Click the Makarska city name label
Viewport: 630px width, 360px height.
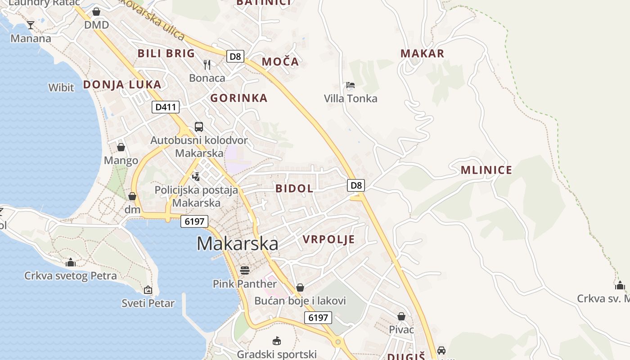pos(237,243)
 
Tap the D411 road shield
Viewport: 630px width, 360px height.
pos(166,107)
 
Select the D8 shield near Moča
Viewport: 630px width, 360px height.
pos(235,56)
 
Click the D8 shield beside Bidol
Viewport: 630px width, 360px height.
pos(356,185)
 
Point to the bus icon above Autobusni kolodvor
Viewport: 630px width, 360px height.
pos(198,127)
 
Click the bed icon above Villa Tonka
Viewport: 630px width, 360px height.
pos(350,85)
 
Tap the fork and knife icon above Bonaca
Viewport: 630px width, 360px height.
pos(207,65)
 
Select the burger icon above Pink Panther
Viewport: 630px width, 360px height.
pos(245,270)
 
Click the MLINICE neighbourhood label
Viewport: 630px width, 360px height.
pos(486,170)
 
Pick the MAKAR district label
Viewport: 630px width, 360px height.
pos(422,54)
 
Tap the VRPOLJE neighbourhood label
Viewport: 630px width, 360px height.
pos(328,239)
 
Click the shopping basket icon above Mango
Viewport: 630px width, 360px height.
pos(121,147)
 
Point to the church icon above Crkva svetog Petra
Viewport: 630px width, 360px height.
pos(71,262)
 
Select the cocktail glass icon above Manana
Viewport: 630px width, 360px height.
pos(30,25)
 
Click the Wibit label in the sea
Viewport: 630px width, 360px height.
pos(61,87)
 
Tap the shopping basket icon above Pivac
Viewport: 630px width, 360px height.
pos(401,316)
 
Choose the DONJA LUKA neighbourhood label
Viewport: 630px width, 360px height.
pos(122,85)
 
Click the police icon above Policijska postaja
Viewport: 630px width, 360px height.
pos(196,176)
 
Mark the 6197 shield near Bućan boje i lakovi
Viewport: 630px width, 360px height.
pos(318,318)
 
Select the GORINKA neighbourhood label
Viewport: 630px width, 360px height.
pos(238,98)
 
